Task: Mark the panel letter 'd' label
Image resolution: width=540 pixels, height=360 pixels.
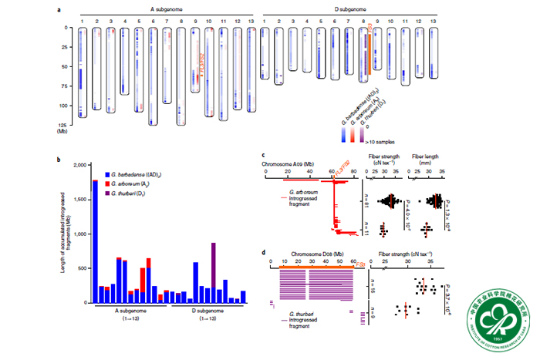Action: pyautogui.click(x=265, y=254)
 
